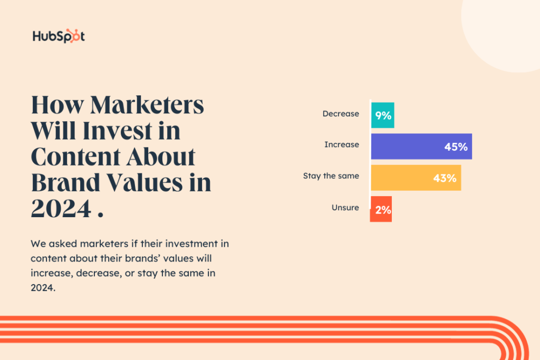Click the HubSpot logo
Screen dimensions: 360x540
tap(59, 36)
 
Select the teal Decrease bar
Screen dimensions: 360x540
tap(382, 115)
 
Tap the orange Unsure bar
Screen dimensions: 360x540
tap(381, 209)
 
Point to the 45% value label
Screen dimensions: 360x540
tap(456, 147)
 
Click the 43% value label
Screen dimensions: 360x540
tap(444, 178)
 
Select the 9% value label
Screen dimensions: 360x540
tap(383, 115)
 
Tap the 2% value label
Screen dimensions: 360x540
tap(383, 210)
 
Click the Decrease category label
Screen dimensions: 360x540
tap(341, 114)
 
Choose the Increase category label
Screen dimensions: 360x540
tap(342, 144)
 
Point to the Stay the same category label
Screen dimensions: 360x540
tap(331, 176)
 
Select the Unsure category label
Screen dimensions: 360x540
tap(345, 208)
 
